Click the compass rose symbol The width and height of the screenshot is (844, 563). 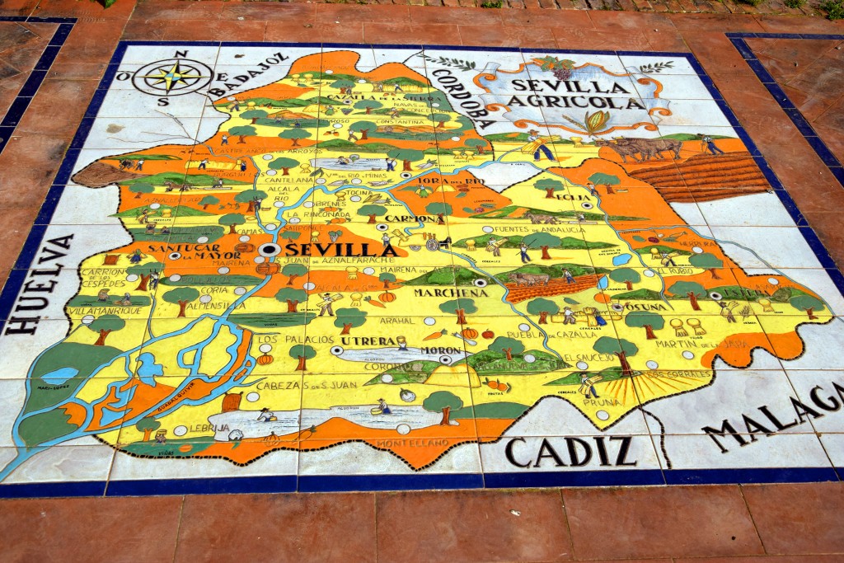(x=173, y=77)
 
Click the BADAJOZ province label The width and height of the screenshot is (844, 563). (x=246, y=74)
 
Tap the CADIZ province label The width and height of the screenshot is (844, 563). (x=570, y=451)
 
